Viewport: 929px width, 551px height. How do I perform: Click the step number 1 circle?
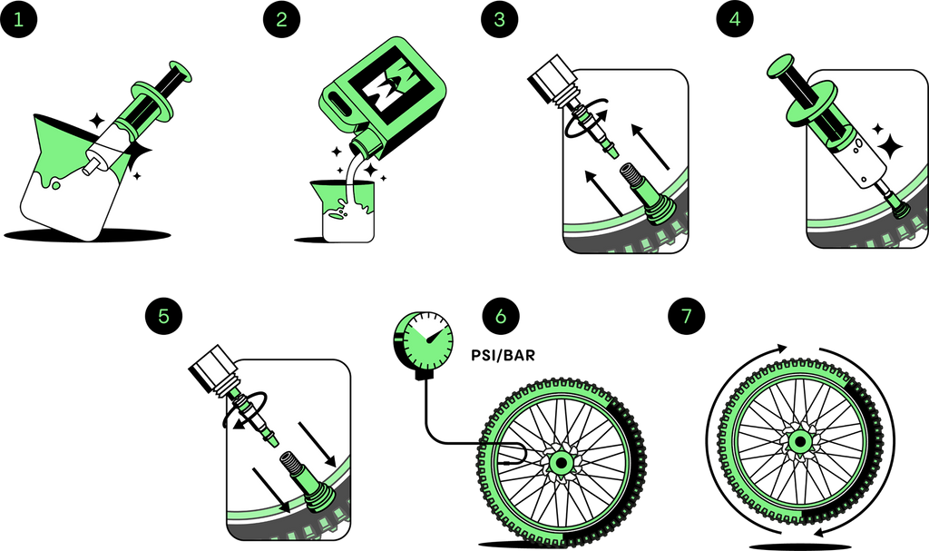click(18, 20)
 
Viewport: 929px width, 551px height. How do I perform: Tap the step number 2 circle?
click(281, 20)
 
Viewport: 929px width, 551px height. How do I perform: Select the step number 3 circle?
click(499, 20)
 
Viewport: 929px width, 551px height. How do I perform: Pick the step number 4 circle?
click(735, 20)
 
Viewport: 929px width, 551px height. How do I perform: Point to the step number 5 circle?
click(163, 316)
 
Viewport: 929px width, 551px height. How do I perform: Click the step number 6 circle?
click(501, 316)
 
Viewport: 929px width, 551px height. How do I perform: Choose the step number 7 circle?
click(687, 316)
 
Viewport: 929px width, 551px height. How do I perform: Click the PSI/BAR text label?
click(503, 355)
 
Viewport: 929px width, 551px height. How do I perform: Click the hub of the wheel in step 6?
click(560, 461)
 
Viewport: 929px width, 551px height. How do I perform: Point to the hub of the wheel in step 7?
click(800, 441)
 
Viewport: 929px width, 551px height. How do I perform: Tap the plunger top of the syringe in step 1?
click(181, 71)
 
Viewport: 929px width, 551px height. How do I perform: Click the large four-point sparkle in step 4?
click(889, 146)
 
